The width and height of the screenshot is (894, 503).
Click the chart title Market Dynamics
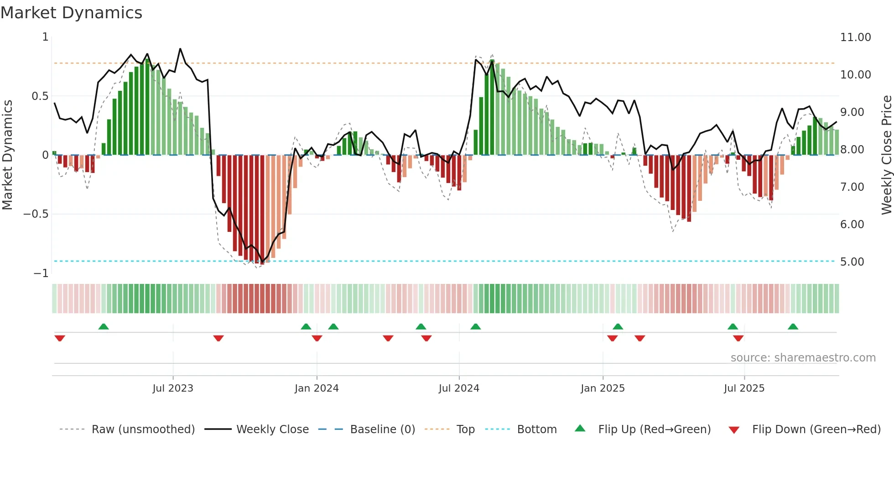72,13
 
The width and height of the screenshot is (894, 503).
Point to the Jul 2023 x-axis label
173,388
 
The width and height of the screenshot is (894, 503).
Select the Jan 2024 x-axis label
317,388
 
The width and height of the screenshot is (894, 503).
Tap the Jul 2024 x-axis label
459,388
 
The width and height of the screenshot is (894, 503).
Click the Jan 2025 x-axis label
603,388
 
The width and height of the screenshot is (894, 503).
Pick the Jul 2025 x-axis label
744,388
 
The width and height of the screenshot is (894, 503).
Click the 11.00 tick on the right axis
855,37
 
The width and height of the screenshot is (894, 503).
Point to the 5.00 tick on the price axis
852,262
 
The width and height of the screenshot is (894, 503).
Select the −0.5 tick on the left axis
36,214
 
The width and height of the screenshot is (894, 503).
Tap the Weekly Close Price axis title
886,155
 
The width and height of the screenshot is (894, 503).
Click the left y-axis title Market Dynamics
7,155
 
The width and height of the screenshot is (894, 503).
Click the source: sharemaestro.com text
803,358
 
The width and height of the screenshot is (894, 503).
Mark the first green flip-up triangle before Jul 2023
104,326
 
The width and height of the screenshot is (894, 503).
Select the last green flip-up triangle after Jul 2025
793,326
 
